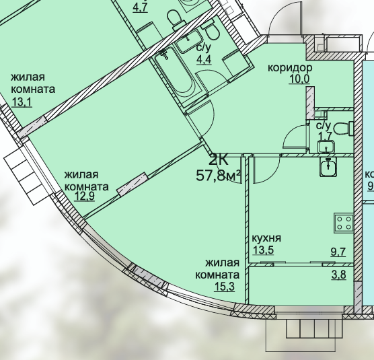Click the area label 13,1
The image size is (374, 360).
pyautogui.click(x=22, y=102)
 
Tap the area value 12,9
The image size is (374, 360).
pyautogui.click(x=85, y=196)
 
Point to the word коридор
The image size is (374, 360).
pyautogui.click(x=290, y=68)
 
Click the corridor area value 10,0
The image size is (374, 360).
pyautogui.click(x=299, y=79)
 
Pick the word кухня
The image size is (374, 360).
pyautogui.click(x=266, y=238)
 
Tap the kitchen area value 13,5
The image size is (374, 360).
pyautogui.click(x=263, y=250)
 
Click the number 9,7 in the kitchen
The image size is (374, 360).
pyautogui.click(x=338, y=252)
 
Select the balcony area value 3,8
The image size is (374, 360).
pyautogui.click(x=339, y=275)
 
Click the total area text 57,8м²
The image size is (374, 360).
pyautogui.click(x=218, y=176)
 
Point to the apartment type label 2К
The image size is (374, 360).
pyautogui.click(x=219, y=160)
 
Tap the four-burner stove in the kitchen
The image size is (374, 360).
pyautogui.click(x=344, y=223)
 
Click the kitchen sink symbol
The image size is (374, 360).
pyautogui.click(x=328, y=167)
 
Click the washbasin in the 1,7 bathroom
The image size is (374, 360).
pyautogui.click(x=326, y=147)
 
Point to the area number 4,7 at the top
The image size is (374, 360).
pyautogui.click(x=140, y=8)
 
